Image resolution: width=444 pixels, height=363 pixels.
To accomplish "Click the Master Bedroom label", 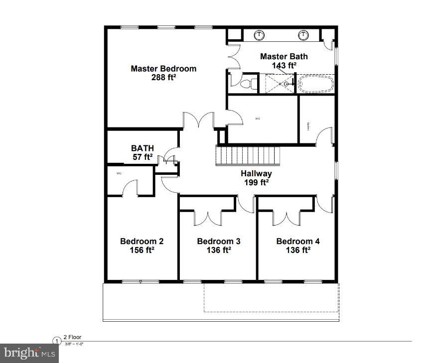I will click(163, 69).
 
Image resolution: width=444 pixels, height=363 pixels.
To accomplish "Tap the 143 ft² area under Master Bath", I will click(284, 65).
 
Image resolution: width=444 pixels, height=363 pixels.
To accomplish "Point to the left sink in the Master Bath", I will click(259, 35).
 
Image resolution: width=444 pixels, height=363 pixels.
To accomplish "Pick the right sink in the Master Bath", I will click(303, 35).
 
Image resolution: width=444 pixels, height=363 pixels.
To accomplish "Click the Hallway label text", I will click(256, 173).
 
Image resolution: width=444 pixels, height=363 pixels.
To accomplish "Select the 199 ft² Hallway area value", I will click(256, 182).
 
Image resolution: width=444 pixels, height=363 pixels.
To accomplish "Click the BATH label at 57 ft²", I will click(142, 148).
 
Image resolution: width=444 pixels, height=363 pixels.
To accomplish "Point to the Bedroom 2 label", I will click(142, 242).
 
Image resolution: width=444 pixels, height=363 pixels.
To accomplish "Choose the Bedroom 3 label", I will click(219, 242).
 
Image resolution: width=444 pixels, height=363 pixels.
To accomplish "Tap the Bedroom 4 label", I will click(298, 242).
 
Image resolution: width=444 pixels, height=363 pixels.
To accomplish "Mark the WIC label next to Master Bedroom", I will click(258, 119).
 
